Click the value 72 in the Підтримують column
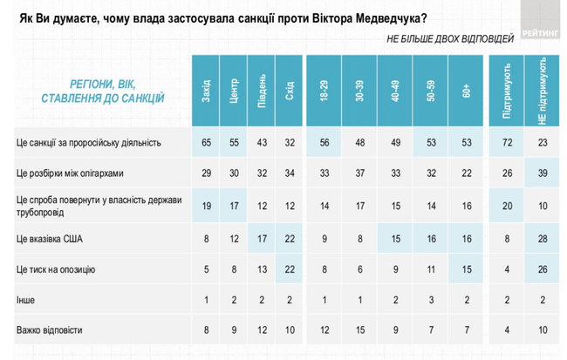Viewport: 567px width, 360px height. click(506, 141)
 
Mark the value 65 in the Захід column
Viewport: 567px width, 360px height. click(205, 141)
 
